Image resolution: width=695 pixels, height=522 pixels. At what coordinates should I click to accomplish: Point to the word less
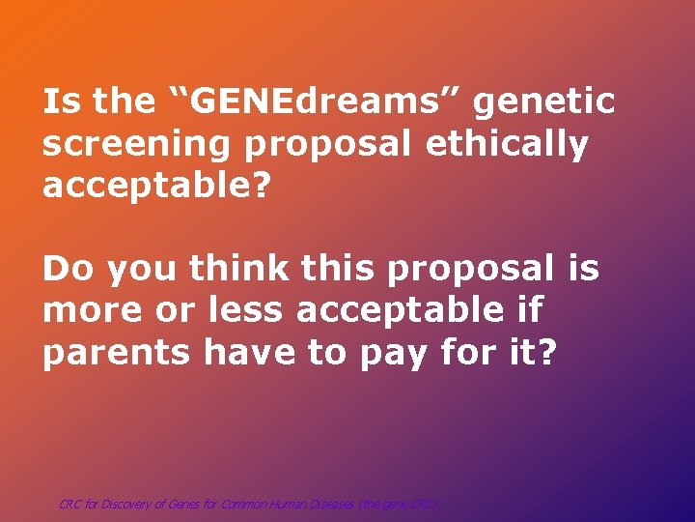245,311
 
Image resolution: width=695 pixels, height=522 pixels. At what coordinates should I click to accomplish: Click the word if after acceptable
529,311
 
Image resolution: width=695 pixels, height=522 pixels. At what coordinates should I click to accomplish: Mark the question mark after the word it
546,354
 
